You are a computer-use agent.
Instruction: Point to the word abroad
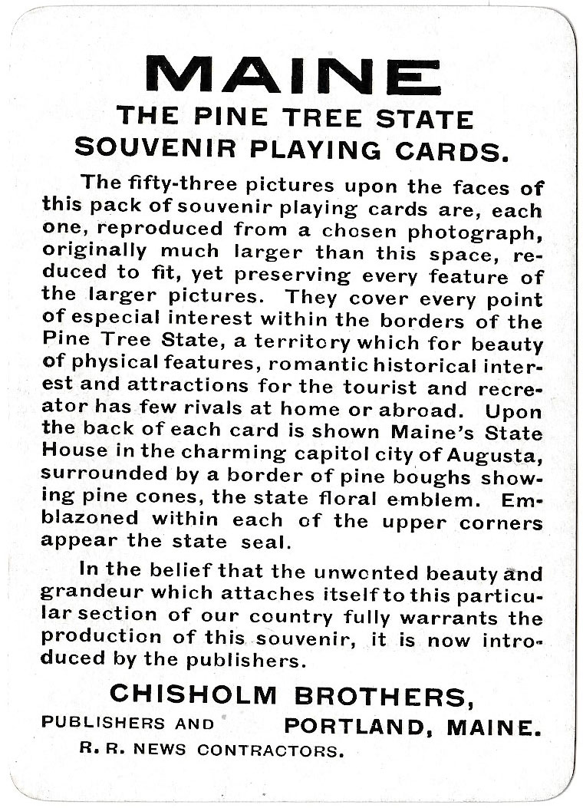click(401, 409)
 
